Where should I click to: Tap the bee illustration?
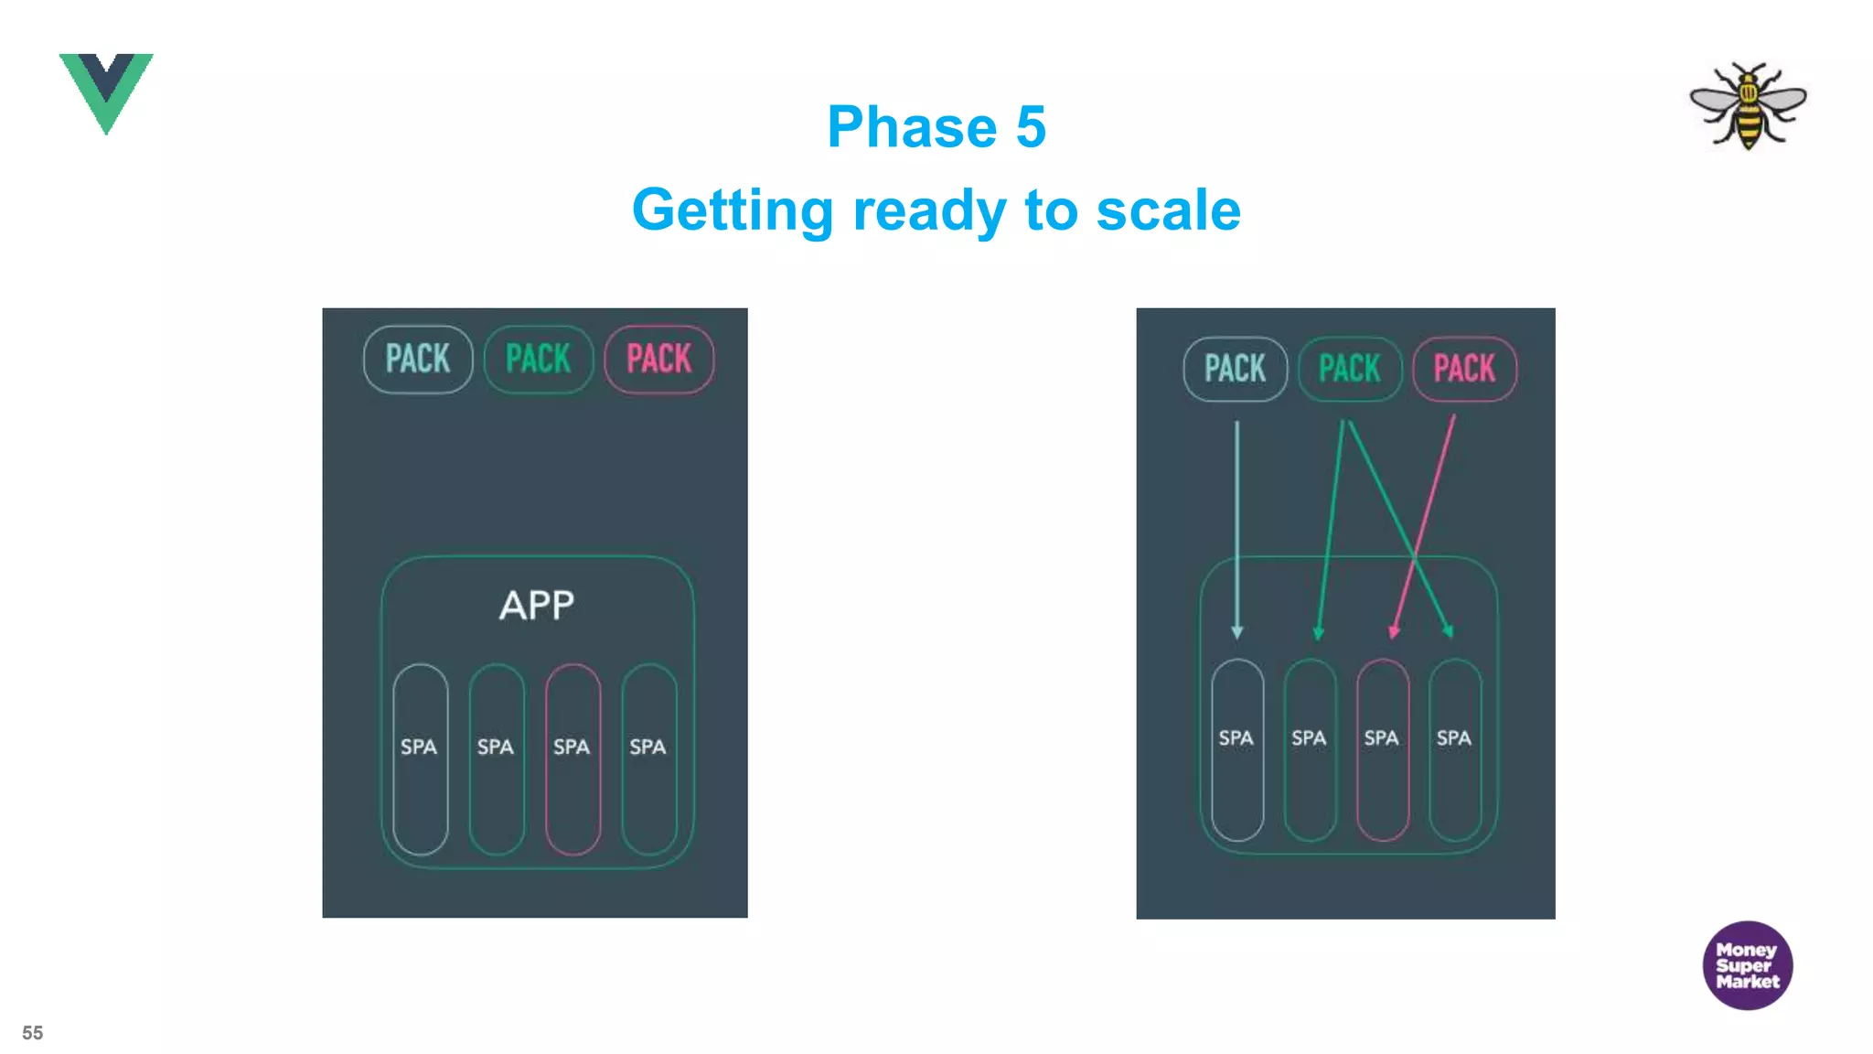(1748, 104)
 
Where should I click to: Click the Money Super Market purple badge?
(1747, 965)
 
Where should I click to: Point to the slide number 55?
(33, 1033)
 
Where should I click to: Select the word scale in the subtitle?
(1168, 210)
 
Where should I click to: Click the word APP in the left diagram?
(537, 606)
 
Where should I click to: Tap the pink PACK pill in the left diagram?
(659, 360)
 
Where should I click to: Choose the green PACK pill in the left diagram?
(539, 360)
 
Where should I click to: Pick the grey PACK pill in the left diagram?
(418, 360)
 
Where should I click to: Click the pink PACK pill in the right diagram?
(1464, 369)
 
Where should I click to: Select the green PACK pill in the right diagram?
(1350, 369)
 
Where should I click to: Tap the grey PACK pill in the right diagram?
(1235, 369)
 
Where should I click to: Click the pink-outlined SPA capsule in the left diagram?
(573, 758)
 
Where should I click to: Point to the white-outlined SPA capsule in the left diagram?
(420, 758)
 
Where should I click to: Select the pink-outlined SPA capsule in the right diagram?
(1382, 749)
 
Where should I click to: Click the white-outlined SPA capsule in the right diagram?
(1236, 749)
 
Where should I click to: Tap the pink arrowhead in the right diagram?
(1394, 630)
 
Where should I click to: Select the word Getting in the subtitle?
(733, 210)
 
